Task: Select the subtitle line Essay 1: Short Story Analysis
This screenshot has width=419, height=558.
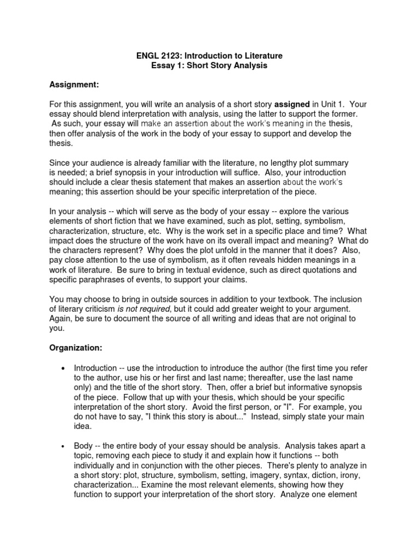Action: pos(209,65)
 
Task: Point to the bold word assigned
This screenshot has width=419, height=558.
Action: pos(291,104)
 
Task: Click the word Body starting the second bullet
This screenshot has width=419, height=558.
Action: pos(83,446)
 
